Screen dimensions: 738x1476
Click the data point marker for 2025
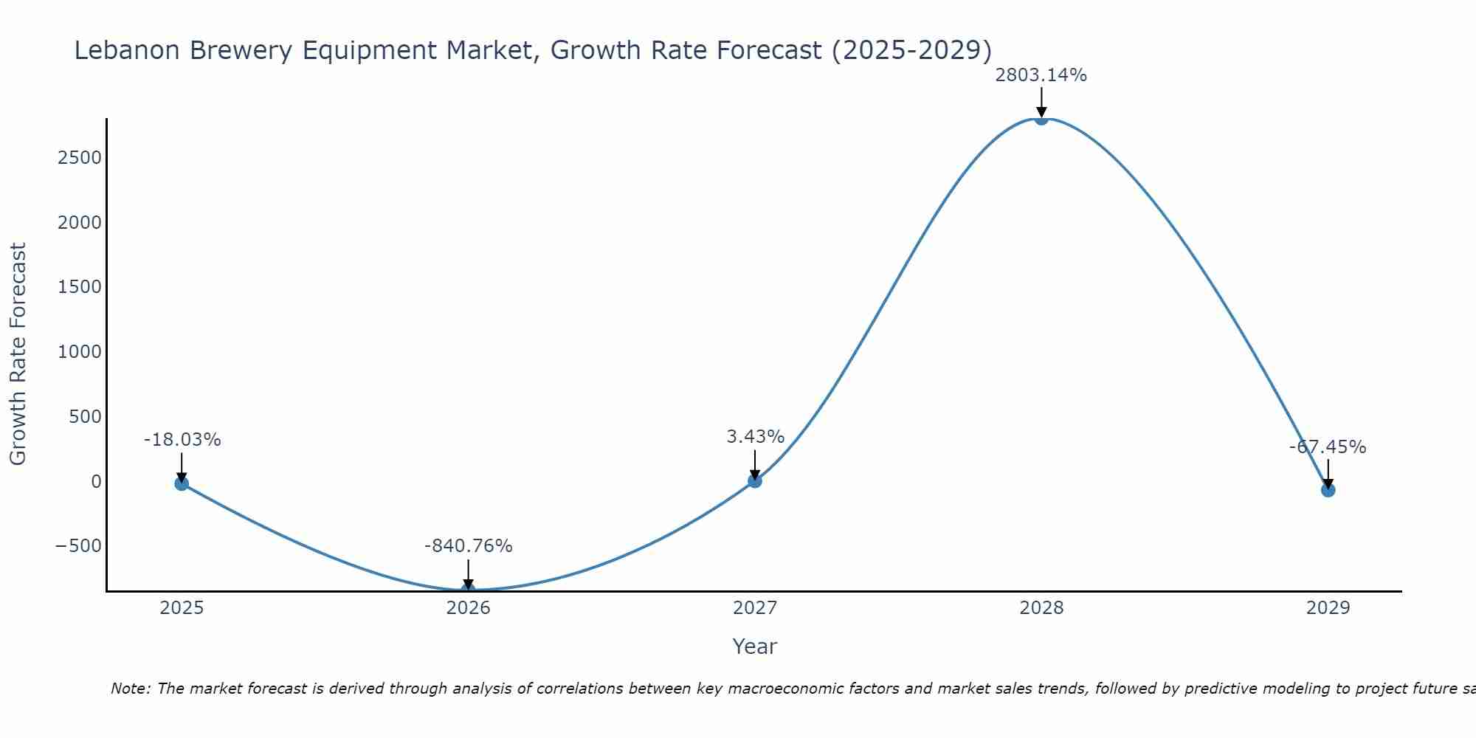tap(182, 483)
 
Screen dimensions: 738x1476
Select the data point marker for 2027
tap(754, 480)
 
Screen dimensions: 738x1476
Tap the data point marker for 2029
tap(1328, 490)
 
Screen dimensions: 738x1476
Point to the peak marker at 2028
tap(1041, 118)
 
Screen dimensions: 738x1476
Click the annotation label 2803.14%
tap(1041, 75)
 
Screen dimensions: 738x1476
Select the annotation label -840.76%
tap(468, 546)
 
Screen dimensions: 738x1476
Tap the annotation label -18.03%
tap(182, 440)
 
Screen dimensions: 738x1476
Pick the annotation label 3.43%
tap(755, 437)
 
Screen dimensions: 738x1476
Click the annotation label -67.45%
tap(1327, 447)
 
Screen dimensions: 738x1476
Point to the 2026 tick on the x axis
tap(468, 608)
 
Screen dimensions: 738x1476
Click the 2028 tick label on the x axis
tap(1041, 608)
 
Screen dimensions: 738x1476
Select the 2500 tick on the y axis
tap(80, 158)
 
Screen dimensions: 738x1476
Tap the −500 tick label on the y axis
tap(78, 546)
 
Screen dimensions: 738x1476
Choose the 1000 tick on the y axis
tap(80, 352)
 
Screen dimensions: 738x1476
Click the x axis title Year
tap(754, 646)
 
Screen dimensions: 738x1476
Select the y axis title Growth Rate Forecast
tap(18, 354)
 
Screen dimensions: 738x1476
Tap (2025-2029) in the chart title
tap(911, 50)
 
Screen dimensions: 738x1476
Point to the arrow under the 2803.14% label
tap(1041, 102)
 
